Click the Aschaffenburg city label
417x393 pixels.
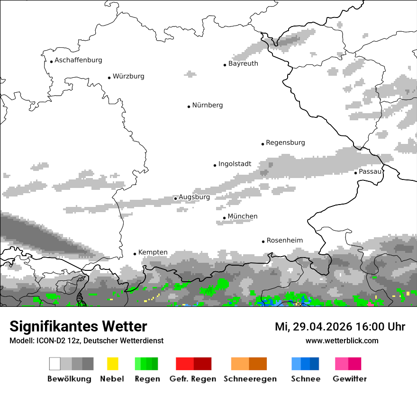point(78,60)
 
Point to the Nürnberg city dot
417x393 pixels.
point(189,107)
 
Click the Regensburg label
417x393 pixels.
point(285,143)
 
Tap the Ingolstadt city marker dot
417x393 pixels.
point(215,165)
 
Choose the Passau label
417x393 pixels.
point(370,171)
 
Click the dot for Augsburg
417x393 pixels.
point(175,198)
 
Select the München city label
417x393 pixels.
point(243,216)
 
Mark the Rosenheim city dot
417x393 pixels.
point(263,241)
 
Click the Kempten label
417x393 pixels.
point(153,252)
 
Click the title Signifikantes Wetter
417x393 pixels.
point(78,326)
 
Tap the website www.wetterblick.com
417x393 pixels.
point(342,340)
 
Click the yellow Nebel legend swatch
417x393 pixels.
point(112,364)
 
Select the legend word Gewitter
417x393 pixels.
point(350,379)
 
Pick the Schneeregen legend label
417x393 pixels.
point(249,379)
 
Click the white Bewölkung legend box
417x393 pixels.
point(55,364)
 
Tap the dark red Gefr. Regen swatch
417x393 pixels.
point(202,364)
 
